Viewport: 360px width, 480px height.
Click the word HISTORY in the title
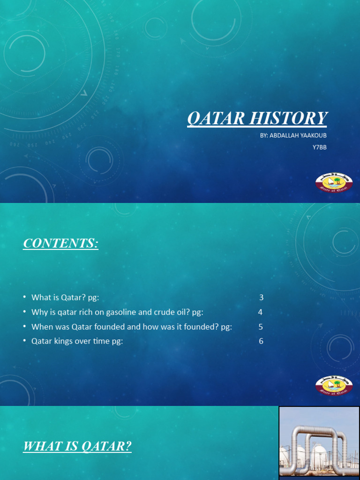click(x=288, y=118)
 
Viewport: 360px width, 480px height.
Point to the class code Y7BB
click(x=319, y=148)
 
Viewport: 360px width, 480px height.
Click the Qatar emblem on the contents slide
click(x=334, y=386)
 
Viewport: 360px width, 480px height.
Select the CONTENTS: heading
click(x=61, y=244)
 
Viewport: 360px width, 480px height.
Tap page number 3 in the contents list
click(x=261, y=297)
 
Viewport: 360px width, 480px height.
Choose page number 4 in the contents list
click(x=260, y=312)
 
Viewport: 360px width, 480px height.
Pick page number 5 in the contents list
click(x=261, y=327)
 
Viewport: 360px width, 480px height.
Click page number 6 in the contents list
click(x=261, y=341)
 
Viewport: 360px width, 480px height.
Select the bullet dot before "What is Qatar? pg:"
click(x=24, y=298)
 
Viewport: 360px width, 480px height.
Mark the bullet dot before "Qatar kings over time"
click(x=24, y=342)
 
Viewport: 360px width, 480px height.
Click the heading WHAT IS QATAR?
click(x=77, y=447)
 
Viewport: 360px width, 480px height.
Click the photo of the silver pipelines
click(x=319, y=443)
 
